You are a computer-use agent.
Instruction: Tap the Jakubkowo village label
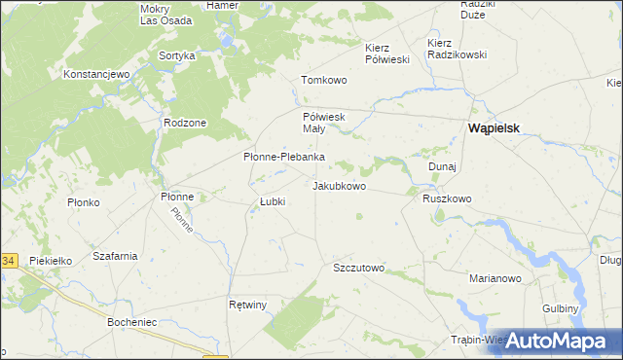click(339, 185)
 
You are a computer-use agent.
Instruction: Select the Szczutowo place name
click(359, 268)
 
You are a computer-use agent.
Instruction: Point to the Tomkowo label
click(324, 80)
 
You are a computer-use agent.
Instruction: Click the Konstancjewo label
click(96, 74)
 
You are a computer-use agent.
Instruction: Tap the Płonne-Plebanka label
click(283, 157)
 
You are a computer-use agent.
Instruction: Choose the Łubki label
click(272, 202)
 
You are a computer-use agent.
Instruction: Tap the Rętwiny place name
click(247, 305)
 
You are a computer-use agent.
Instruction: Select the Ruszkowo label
click(447, 198)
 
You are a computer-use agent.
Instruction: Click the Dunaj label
click(443, 166)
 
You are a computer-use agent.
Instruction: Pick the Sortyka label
click(177, 55)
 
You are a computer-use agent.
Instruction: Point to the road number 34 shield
click(8, 261)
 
